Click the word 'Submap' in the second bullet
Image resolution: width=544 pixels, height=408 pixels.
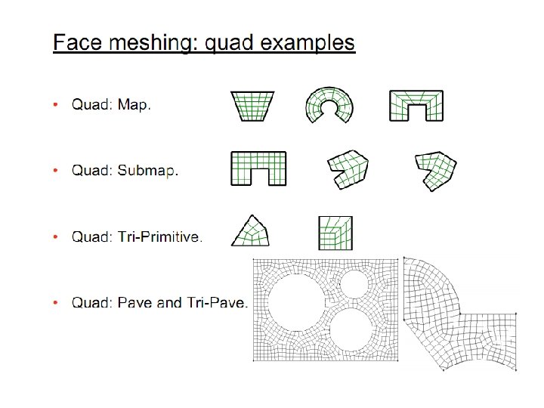[x=147, y=170]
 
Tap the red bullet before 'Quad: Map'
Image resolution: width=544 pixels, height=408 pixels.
[x=56, y=105]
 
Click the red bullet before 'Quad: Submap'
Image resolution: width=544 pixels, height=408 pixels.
[x=56, y=170]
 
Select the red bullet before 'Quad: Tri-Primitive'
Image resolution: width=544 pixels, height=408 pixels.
[x=56, y=237]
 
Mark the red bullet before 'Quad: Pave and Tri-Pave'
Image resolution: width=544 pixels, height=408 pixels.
[x=56, y=303]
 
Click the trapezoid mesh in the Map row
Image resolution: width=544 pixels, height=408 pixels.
[x=252, y=106]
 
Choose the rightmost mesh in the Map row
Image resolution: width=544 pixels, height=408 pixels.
[x=416, y=105]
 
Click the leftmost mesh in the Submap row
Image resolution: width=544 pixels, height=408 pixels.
[x=258, y=168]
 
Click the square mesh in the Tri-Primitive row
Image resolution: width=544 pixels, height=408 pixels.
[x=335, y=232]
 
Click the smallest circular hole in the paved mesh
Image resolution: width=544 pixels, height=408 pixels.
[x=353, y=283]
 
